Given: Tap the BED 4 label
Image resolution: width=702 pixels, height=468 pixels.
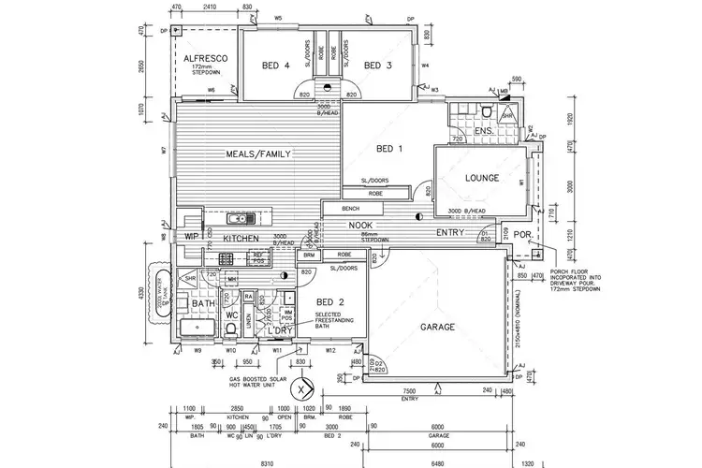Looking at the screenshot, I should click(271, 65).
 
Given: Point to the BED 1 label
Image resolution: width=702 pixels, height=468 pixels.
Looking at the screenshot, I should click(388, 149).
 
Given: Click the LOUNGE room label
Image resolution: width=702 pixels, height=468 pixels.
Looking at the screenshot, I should click(482, 178).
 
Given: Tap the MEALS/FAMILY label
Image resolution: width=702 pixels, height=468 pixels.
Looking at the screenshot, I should click(258, 154).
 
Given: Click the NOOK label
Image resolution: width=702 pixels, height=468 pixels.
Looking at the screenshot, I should click(363, 226).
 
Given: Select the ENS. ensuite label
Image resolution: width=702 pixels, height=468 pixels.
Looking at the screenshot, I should click(484, 132).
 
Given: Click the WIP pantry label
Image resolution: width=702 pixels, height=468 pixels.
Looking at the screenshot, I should click(193, 237).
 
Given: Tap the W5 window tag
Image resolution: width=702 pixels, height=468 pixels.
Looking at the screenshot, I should click(278, 18).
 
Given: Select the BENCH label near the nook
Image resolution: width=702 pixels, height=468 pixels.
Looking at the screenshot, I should click(351, 208).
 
